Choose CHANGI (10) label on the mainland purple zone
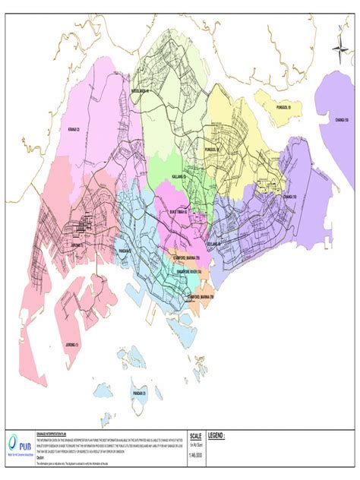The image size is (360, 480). (289, 197)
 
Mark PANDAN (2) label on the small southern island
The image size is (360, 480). (139, 393)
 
